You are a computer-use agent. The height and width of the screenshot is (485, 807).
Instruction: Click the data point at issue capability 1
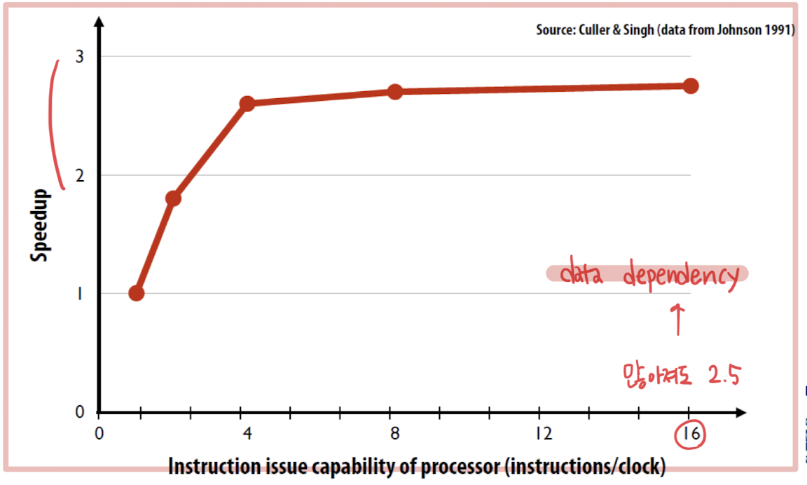[137, 293]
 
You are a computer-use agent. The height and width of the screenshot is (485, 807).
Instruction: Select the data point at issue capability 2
[173, 198]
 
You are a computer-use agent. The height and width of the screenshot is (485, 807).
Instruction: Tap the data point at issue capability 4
[247, 104]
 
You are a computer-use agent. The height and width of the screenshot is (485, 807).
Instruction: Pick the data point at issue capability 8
[395, 92]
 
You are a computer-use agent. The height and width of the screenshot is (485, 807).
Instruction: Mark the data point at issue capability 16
[691, 86]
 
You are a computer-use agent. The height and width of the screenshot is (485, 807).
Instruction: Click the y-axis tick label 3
[79, 56]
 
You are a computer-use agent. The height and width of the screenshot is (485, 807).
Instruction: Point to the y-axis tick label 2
[79, 175]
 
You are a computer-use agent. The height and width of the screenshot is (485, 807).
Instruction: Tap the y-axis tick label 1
[80, 294]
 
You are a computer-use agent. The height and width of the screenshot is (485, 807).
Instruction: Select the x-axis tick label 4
[247, 433]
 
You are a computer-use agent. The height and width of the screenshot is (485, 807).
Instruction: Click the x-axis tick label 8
[395, 433]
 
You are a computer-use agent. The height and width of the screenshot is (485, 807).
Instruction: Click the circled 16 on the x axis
[691, 435]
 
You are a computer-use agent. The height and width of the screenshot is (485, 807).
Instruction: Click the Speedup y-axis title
[40, 226]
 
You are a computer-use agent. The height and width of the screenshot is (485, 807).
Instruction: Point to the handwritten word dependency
[680, 275]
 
